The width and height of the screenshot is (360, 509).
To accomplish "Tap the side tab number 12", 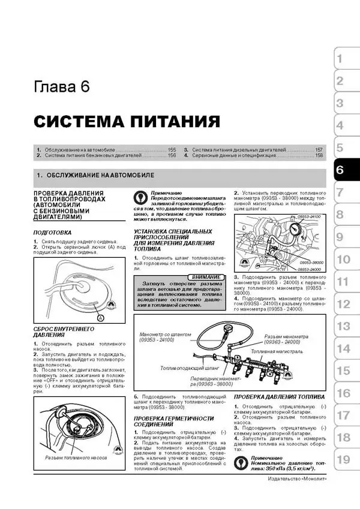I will (342, 304).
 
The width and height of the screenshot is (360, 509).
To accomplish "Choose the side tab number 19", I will (342, 460).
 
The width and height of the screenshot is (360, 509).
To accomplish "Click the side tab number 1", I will (340, 59).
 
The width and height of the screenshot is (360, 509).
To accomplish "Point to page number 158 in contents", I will (319, 155).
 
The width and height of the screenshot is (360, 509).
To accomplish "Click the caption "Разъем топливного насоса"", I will (76, 457).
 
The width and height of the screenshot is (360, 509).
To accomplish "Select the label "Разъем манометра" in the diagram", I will (286, 336).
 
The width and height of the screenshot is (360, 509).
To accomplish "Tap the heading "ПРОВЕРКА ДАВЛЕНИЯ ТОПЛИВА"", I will (279, 397).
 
